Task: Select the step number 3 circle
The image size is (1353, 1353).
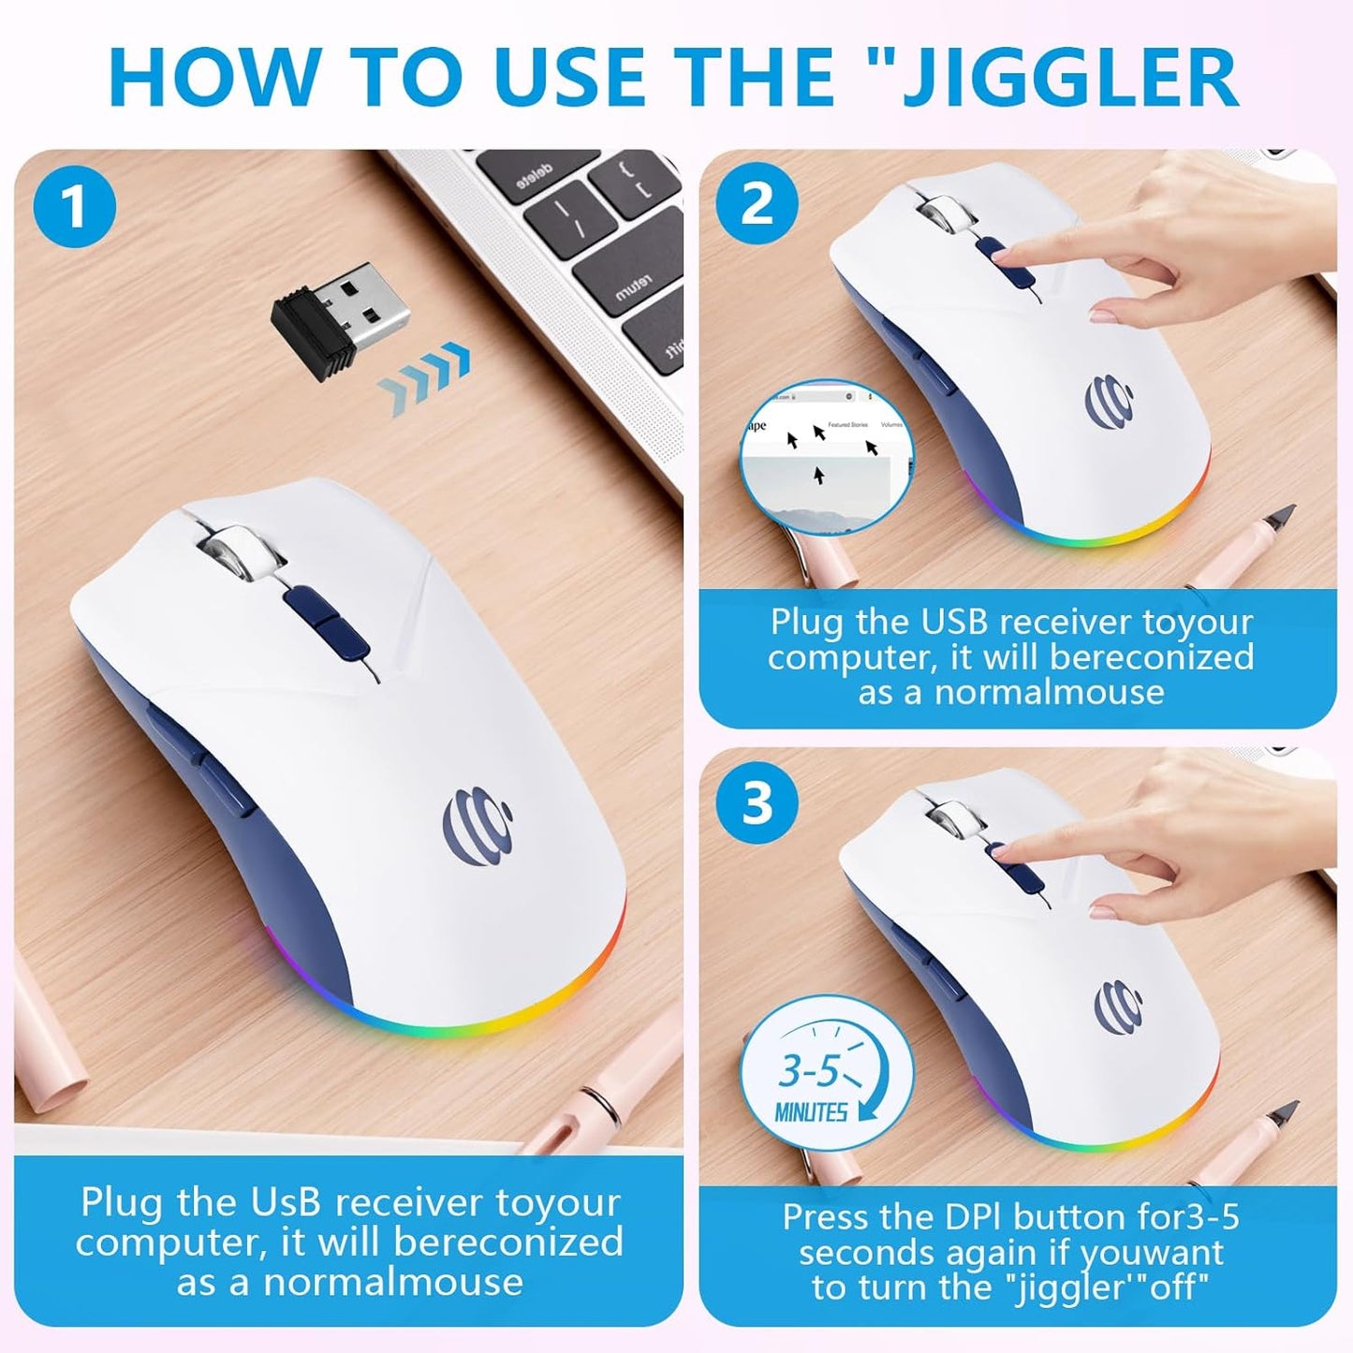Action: pyautogui.click(x=757, y=802)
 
